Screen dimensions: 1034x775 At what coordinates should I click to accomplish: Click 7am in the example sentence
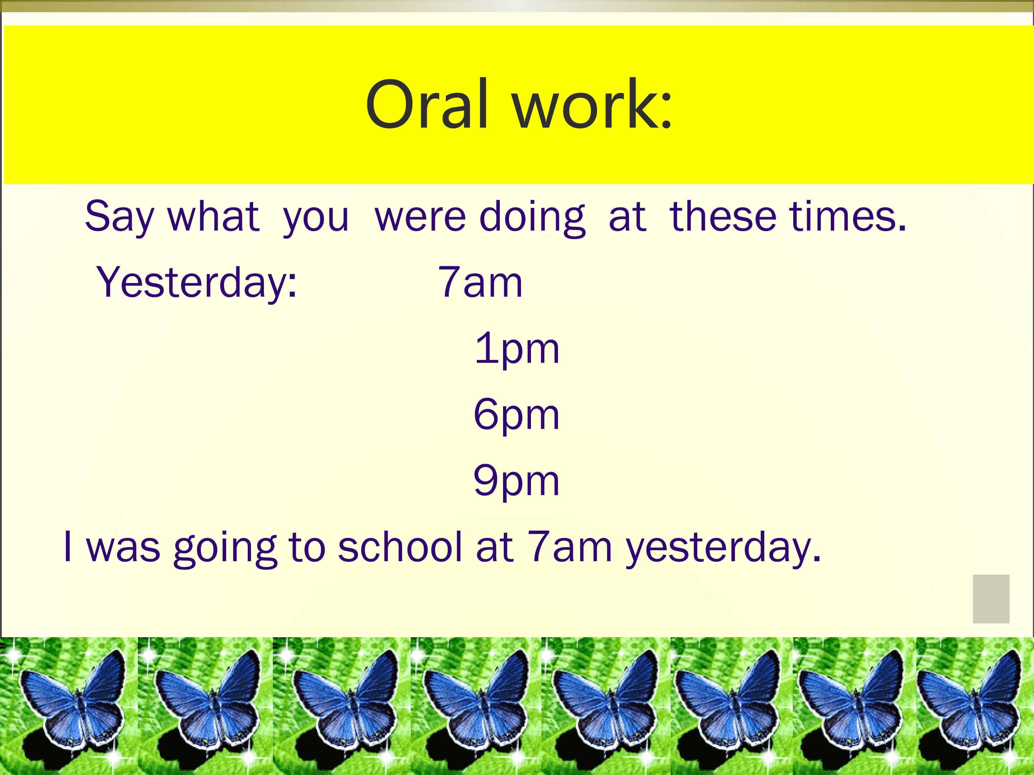[x=569, y=547]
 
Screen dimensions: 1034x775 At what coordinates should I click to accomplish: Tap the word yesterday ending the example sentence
[x=723, y=549]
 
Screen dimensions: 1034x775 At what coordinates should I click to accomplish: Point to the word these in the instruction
[x=723, y=217]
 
